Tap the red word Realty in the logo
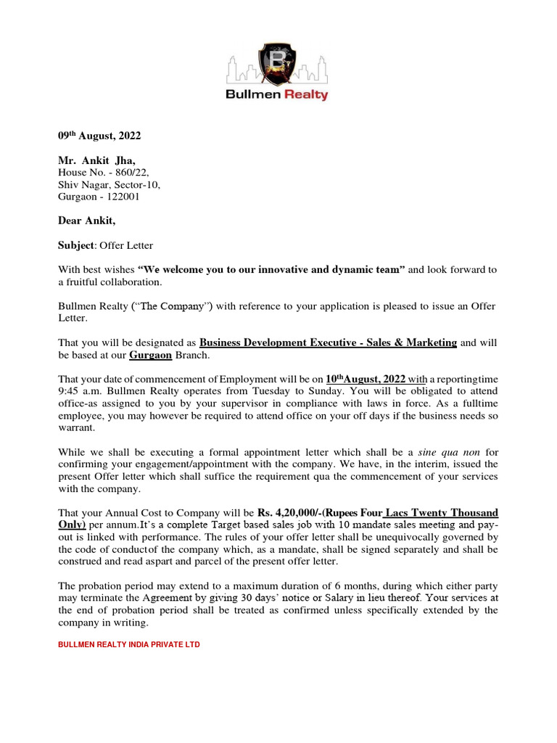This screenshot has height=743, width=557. click(305, 94)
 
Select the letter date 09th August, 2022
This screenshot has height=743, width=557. click(99, 136)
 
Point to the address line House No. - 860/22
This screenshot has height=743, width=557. click(104, 173)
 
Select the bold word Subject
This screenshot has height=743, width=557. click(76, 245)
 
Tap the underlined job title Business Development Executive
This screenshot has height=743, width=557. click(328, 342)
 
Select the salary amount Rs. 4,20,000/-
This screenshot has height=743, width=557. click(287, 513)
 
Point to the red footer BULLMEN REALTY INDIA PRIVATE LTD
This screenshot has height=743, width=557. click(129, 644)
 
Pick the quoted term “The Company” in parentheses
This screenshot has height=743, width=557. click(175, 306)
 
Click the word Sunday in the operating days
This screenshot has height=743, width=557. click(314, 392)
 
